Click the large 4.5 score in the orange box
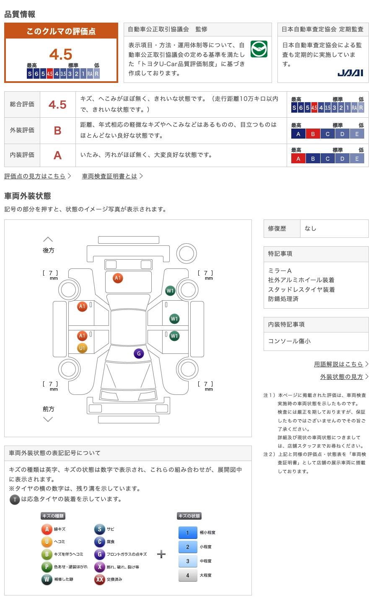point(61,54)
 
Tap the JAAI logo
point(350,73)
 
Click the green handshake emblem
point(259,49)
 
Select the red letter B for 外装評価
point(58,131)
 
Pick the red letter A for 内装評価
point(57,155)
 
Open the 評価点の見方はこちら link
point(35,176)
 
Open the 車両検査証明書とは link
point(109,176)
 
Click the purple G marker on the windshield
point(139,353)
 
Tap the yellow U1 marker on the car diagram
point(82,348)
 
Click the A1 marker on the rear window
point(118,278)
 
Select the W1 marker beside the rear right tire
point(170,291)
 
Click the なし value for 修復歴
point(310,229)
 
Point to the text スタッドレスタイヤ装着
point(301,290)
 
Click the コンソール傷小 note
point(289,341)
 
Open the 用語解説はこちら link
point(338,364)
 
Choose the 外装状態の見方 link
point(342,377)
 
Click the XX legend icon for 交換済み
point(99,579)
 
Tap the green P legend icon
point(47,567)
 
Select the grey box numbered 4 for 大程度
point(188,575)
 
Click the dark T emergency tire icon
point(15,500)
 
